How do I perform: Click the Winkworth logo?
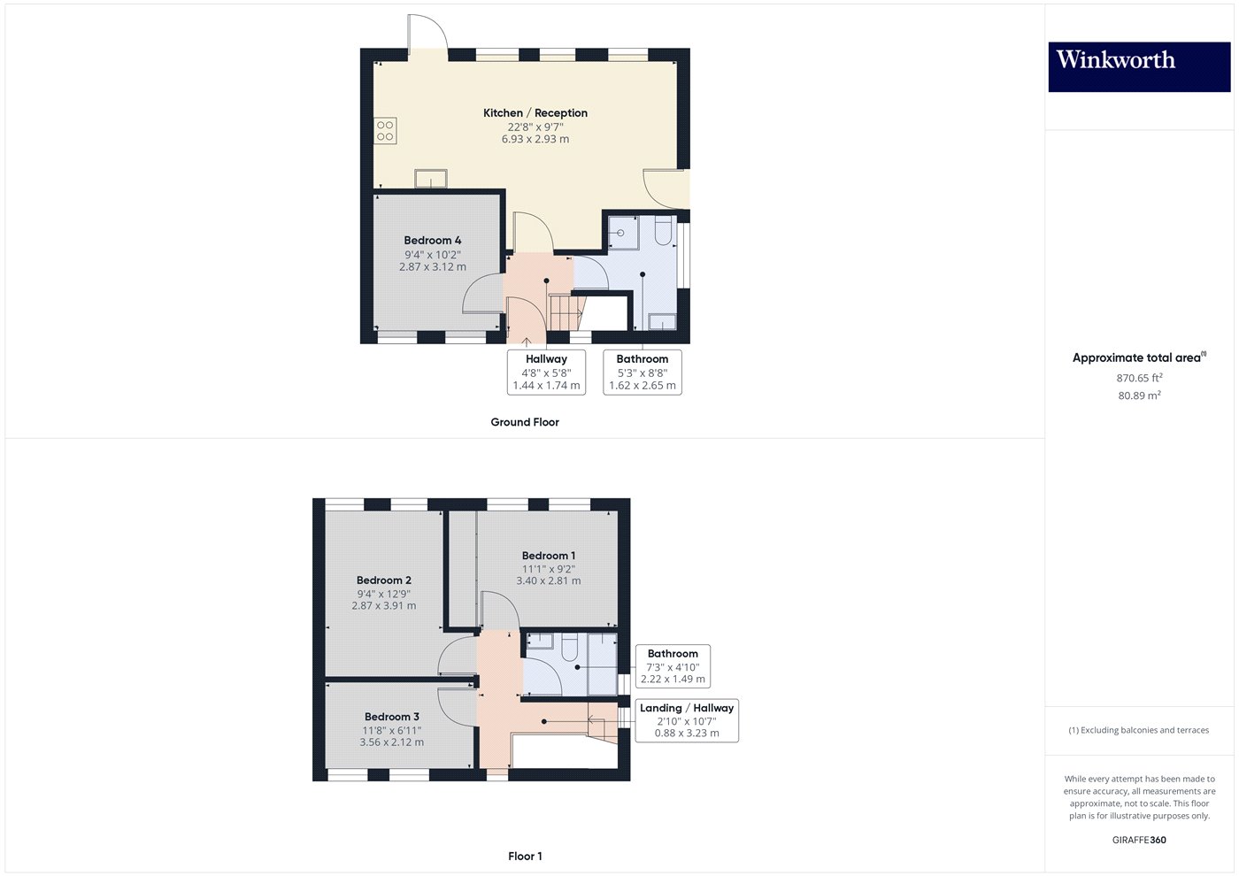tap(1139, 67)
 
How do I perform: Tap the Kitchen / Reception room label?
tap(535, 113)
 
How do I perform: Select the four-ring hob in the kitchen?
tap(385, 131)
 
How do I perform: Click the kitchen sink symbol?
tap(431, 179)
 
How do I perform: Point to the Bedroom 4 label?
tap(432, 240)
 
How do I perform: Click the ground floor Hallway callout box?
tap(546, 372)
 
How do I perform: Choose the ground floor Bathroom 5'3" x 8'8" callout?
tap(643, 372)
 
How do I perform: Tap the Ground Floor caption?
tap(525, 422)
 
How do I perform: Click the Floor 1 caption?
tap(525, 857)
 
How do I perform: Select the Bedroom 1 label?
tap(548, 556)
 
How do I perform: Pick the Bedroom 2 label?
tap(383, 580)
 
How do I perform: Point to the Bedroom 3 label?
tap(391, 717)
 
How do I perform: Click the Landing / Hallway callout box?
tap(687, 720)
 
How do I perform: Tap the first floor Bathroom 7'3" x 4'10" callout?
tap(673, 665)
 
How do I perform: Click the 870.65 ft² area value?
tap(1139, 378)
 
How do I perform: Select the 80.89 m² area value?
tap(1139, 396)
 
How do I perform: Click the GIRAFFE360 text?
tap(1139, 840)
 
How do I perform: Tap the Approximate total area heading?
tap(1139, 357)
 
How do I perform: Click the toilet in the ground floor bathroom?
tap(663, 231)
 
